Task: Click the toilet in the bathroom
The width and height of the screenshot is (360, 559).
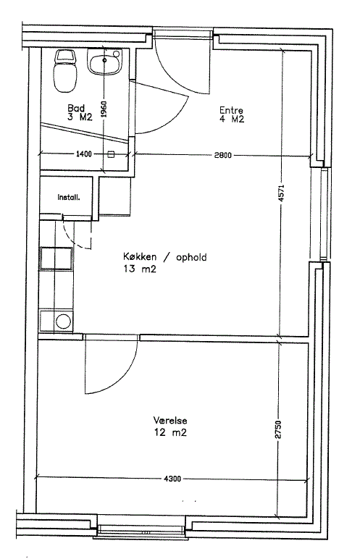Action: (x=65, y=70)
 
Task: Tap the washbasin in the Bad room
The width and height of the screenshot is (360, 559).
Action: (x=104, y=62)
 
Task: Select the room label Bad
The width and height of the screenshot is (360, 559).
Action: (x=76, y=108)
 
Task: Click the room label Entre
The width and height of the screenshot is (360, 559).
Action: (x=231, y=110)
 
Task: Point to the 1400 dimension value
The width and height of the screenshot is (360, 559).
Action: (x=84, y=154)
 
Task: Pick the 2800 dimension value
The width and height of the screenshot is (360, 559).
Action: (x=222, y=155)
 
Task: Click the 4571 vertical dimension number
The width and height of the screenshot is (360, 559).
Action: (x=281, y=193)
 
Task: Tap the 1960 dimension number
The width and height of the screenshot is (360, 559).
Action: (x=104, y=109)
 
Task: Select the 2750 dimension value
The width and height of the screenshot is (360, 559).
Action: (x=278, y=430)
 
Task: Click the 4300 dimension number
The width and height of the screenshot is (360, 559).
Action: (x=172, y=479)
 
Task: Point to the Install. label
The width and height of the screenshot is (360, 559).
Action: (x=69, y=197)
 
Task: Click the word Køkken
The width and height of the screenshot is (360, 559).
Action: (x=140, y=256)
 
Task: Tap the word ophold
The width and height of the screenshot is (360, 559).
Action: (x=191, y=257)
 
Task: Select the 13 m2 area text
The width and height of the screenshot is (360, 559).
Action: (x=140, y=269)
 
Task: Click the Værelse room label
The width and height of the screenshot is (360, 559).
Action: (x=170, y=420)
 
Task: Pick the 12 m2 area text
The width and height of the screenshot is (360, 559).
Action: (x=170, y=432)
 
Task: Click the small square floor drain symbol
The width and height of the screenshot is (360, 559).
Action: (x=111, y=154)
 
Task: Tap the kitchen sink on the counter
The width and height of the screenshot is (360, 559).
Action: (x=57, y=259)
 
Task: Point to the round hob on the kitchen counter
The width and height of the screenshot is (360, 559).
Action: (x=64, y=321)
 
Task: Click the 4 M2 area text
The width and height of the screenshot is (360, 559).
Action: (x=232, y=119)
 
